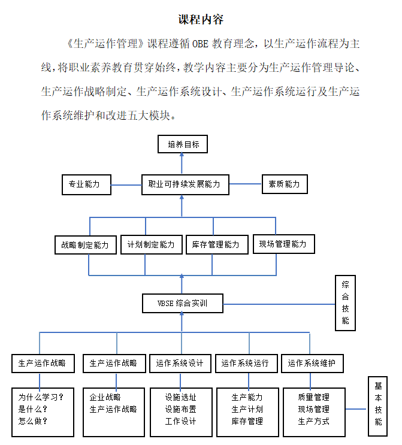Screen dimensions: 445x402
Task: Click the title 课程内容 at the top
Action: pos(201,19)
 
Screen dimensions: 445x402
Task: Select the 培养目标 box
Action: pos(183,144)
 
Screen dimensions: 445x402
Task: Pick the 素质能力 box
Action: pos(285,184)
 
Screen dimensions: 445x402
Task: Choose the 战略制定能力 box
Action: pos(85,245)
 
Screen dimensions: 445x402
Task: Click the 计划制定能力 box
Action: pos(150,245)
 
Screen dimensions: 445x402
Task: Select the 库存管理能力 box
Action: pos(216,245)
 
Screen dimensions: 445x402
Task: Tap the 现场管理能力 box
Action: pos(282,244)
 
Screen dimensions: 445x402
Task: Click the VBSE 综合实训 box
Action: pos(182,303)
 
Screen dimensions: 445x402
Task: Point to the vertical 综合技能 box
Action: pos(345,303)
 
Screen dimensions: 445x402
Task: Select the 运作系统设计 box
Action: pos(180,363)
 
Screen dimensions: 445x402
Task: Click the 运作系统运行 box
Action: pos(245,363)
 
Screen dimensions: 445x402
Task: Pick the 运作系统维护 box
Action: pos(312,363)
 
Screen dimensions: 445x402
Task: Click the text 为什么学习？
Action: pos(41,396)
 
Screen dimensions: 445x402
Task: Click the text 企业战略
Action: pos(105,396)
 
